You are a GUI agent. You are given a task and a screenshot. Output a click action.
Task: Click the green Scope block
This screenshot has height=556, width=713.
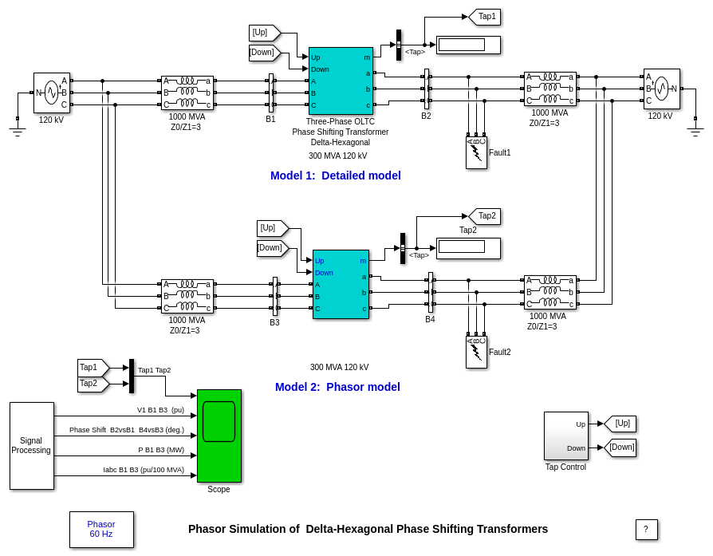click(x=219, y=436)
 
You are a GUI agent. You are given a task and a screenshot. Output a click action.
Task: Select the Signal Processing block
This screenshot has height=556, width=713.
click(x=32, y=445)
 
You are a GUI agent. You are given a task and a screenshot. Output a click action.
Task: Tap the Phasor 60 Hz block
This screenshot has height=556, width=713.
click(x=101, y=529)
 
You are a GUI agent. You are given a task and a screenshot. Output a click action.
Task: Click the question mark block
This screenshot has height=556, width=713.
click(x=646, y=530)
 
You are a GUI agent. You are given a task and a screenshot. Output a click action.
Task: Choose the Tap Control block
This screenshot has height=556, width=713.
click(x=565, y=436)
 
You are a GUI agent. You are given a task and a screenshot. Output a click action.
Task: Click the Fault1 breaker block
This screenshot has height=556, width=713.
click(x=476, y=152)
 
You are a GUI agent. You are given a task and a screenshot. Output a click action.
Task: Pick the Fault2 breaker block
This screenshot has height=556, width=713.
click(x=476, y=352)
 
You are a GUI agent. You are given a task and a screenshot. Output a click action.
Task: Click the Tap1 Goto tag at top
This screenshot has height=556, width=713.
click(x=485, y=17)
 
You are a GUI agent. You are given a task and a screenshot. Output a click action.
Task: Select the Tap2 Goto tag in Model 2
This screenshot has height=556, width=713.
click(x=485, y=216)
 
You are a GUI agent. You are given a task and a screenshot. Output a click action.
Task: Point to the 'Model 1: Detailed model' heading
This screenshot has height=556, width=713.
click(x=335, y=175)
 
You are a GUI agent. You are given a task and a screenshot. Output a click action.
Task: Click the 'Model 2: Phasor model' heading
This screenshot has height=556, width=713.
click(x=337, y=387)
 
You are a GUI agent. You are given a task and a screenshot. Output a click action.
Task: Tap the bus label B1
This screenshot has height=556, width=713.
click(x=270, y=120)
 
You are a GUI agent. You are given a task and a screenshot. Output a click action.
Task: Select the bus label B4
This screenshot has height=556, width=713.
click(x=430, y=320)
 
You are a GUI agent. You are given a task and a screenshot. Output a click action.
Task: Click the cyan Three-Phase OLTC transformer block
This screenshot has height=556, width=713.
click(x=341, y=81)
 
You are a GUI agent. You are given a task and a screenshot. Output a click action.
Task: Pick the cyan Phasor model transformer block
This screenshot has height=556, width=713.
click(x=341, y=284)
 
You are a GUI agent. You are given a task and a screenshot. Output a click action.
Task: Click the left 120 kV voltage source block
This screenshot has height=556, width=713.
click(x=52, y=93)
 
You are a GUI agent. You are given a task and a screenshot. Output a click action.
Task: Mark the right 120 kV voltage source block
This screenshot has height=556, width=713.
click(x=661, y=89)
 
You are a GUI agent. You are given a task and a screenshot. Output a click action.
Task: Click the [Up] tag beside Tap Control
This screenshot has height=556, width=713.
click(x=620, y=424)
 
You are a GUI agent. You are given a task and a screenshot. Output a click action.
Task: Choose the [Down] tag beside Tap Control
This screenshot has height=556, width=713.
click(x=620, y=448)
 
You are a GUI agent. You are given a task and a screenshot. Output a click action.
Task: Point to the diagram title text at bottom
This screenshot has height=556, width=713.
click(x=368, y=529)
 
